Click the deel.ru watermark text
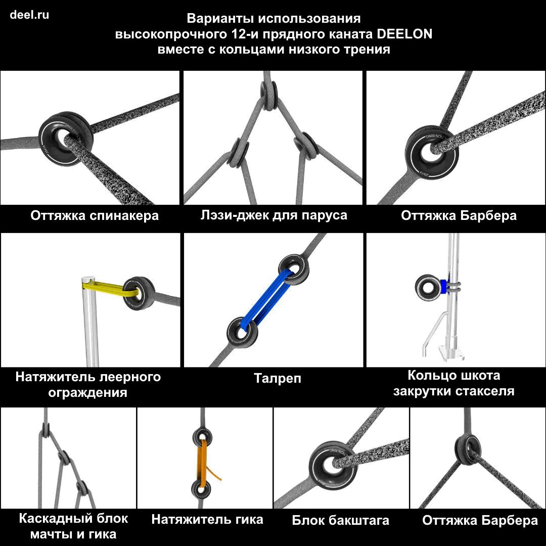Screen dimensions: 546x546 click(x=29, y=15)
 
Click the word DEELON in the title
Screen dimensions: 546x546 click(x=404, y=34)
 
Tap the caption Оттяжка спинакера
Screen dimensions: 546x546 click(x=95, y=215)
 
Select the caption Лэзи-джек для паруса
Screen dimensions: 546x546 click(x=274, y=215)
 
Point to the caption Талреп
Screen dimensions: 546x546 click(x=277, y=378)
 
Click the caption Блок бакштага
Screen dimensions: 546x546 click(x=340, y=520)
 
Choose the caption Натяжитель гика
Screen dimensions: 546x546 click(x=207, y=520)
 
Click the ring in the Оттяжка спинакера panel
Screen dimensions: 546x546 click(x=65, y=140)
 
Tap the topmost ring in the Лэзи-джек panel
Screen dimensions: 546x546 click(x=269, y=94)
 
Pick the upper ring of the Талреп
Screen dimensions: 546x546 click(x=294, y=270)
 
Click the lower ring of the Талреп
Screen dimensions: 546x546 click(x=242, y=333)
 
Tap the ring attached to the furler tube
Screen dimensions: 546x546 click(x=428, y=287)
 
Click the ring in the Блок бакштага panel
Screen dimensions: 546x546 click(x=332, y=464)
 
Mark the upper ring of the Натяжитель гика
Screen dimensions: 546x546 click(x=202, y=437)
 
